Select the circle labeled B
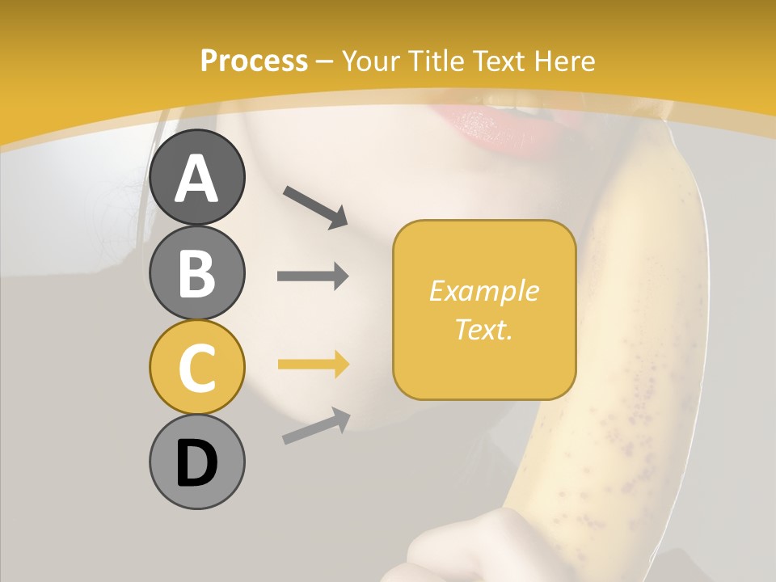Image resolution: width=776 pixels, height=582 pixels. (x=196, y=272)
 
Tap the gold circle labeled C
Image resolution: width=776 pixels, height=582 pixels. (x=196, y=367)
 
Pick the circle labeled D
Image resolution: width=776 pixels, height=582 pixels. (x=196, y=462)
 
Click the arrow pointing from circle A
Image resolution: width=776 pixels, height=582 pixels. (x=315, y=207)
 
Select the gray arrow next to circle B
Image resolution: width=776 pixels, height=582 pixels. (x=313, y=276)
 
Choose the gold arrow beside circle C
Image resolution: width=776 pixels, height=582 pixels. (x=313, y=365)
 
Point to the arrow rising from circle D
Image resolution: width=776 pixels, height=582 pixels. (x=316, y=426)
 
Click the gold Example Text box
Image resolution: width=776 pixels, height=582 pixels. (x=484, y=310)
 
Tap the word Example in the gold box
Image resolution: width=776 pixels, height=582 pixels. (x=484, y=291)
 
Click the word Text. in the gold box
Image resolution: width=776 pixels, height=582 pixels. (x=484, y=329)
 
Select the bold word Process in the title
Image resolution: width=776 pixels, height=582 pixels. (x=254, y=61)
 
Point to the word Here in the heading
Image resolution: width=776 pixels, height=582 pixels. (x=563, y=61)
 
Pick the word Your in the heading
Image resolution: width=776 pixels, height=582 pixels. (x=369, y=61)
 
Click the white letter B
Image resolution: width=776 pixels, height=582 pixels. (x=196, y=272)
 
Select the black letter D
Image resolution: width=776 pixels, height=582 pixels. (x=196, y=462)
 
